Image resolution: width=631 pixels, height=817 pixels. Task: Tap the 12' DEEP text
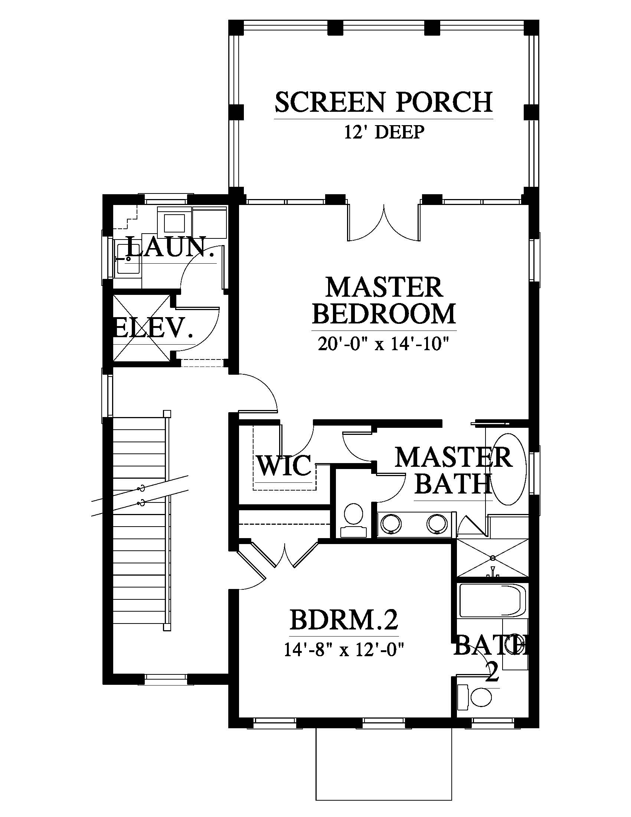pos(384,132)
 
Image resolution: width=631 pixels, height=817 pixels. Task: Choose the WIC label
pos(284,465)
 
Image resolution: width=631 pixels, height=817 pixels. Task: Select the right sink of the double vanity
pos(438,523)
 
